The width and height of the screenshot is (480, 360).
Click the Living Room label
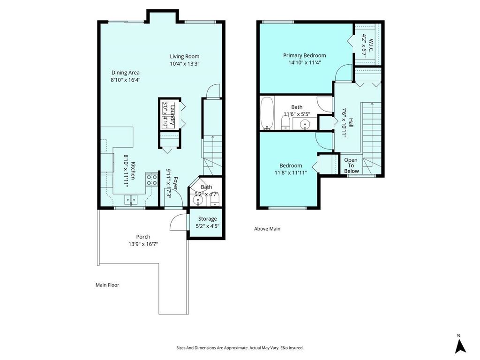click(x=185, y=56)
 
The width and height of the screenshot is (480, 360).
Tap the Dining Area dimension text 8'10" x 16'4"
click(x=125, y=80)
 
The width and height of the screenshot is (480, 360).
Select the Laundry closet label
click(x=172, y=115)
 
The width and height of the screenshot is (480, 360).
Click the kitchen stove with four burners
click(x=151, y=180)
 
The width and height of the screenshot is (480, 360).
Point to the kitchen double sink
click(x=131, y=200)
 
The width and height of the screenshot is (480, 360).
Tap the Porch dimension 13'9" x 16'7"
click(x=143, y=244)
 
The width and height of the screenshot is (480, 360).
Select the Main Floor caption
click(x=107, y=285)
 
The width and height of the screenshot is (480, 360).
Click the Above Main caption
click(x=267, y=229)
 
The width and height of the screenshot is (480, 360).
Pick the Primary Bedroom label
click(x=304, y=55)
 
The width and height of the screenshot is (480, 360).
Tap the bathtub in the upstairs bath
click(x=267, y=113)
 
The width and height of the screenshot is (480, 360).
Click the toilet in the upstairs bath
click(x=285, y=123)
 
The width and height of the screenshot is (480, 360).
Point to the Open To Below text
click(x=351, y=165)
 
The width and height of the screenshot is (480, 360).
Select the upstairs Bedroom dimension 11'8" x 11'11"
click(x=293, y=172)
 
